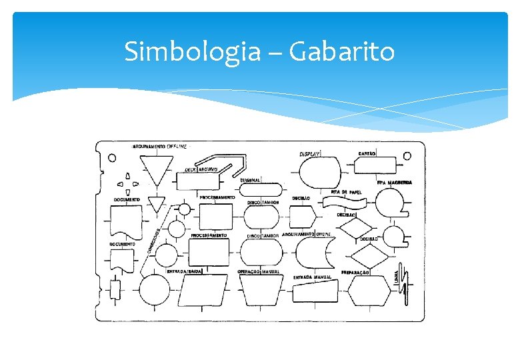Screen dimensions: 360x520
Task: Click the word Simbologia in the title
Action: pyautogui.click(x=192, y=51)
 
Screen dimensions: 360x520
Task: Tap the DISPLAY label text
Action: pyautogui.click(x=310, y=153)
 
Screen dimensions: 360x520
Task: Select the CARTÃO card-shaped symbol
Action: pyautogui.click(x=377, y=163)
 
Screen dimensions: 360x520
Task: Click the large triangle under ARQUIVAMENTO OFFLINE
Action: pyautogui.click(x=158, y=169)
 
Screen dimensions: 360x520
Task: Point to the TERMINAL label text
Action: pyautogui.click(x=251, y=180)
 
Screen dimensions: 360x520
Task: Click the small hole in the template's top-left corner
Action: pyautogui.click(x=112, y=159)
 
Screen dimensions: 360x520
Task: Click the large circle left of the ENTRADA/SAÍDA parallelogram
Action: pyautogui.click(x=155, y=291)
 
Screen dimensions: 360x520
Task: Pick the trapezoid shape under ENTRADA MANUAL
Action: pyautogui.click(x=315, y=292)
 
